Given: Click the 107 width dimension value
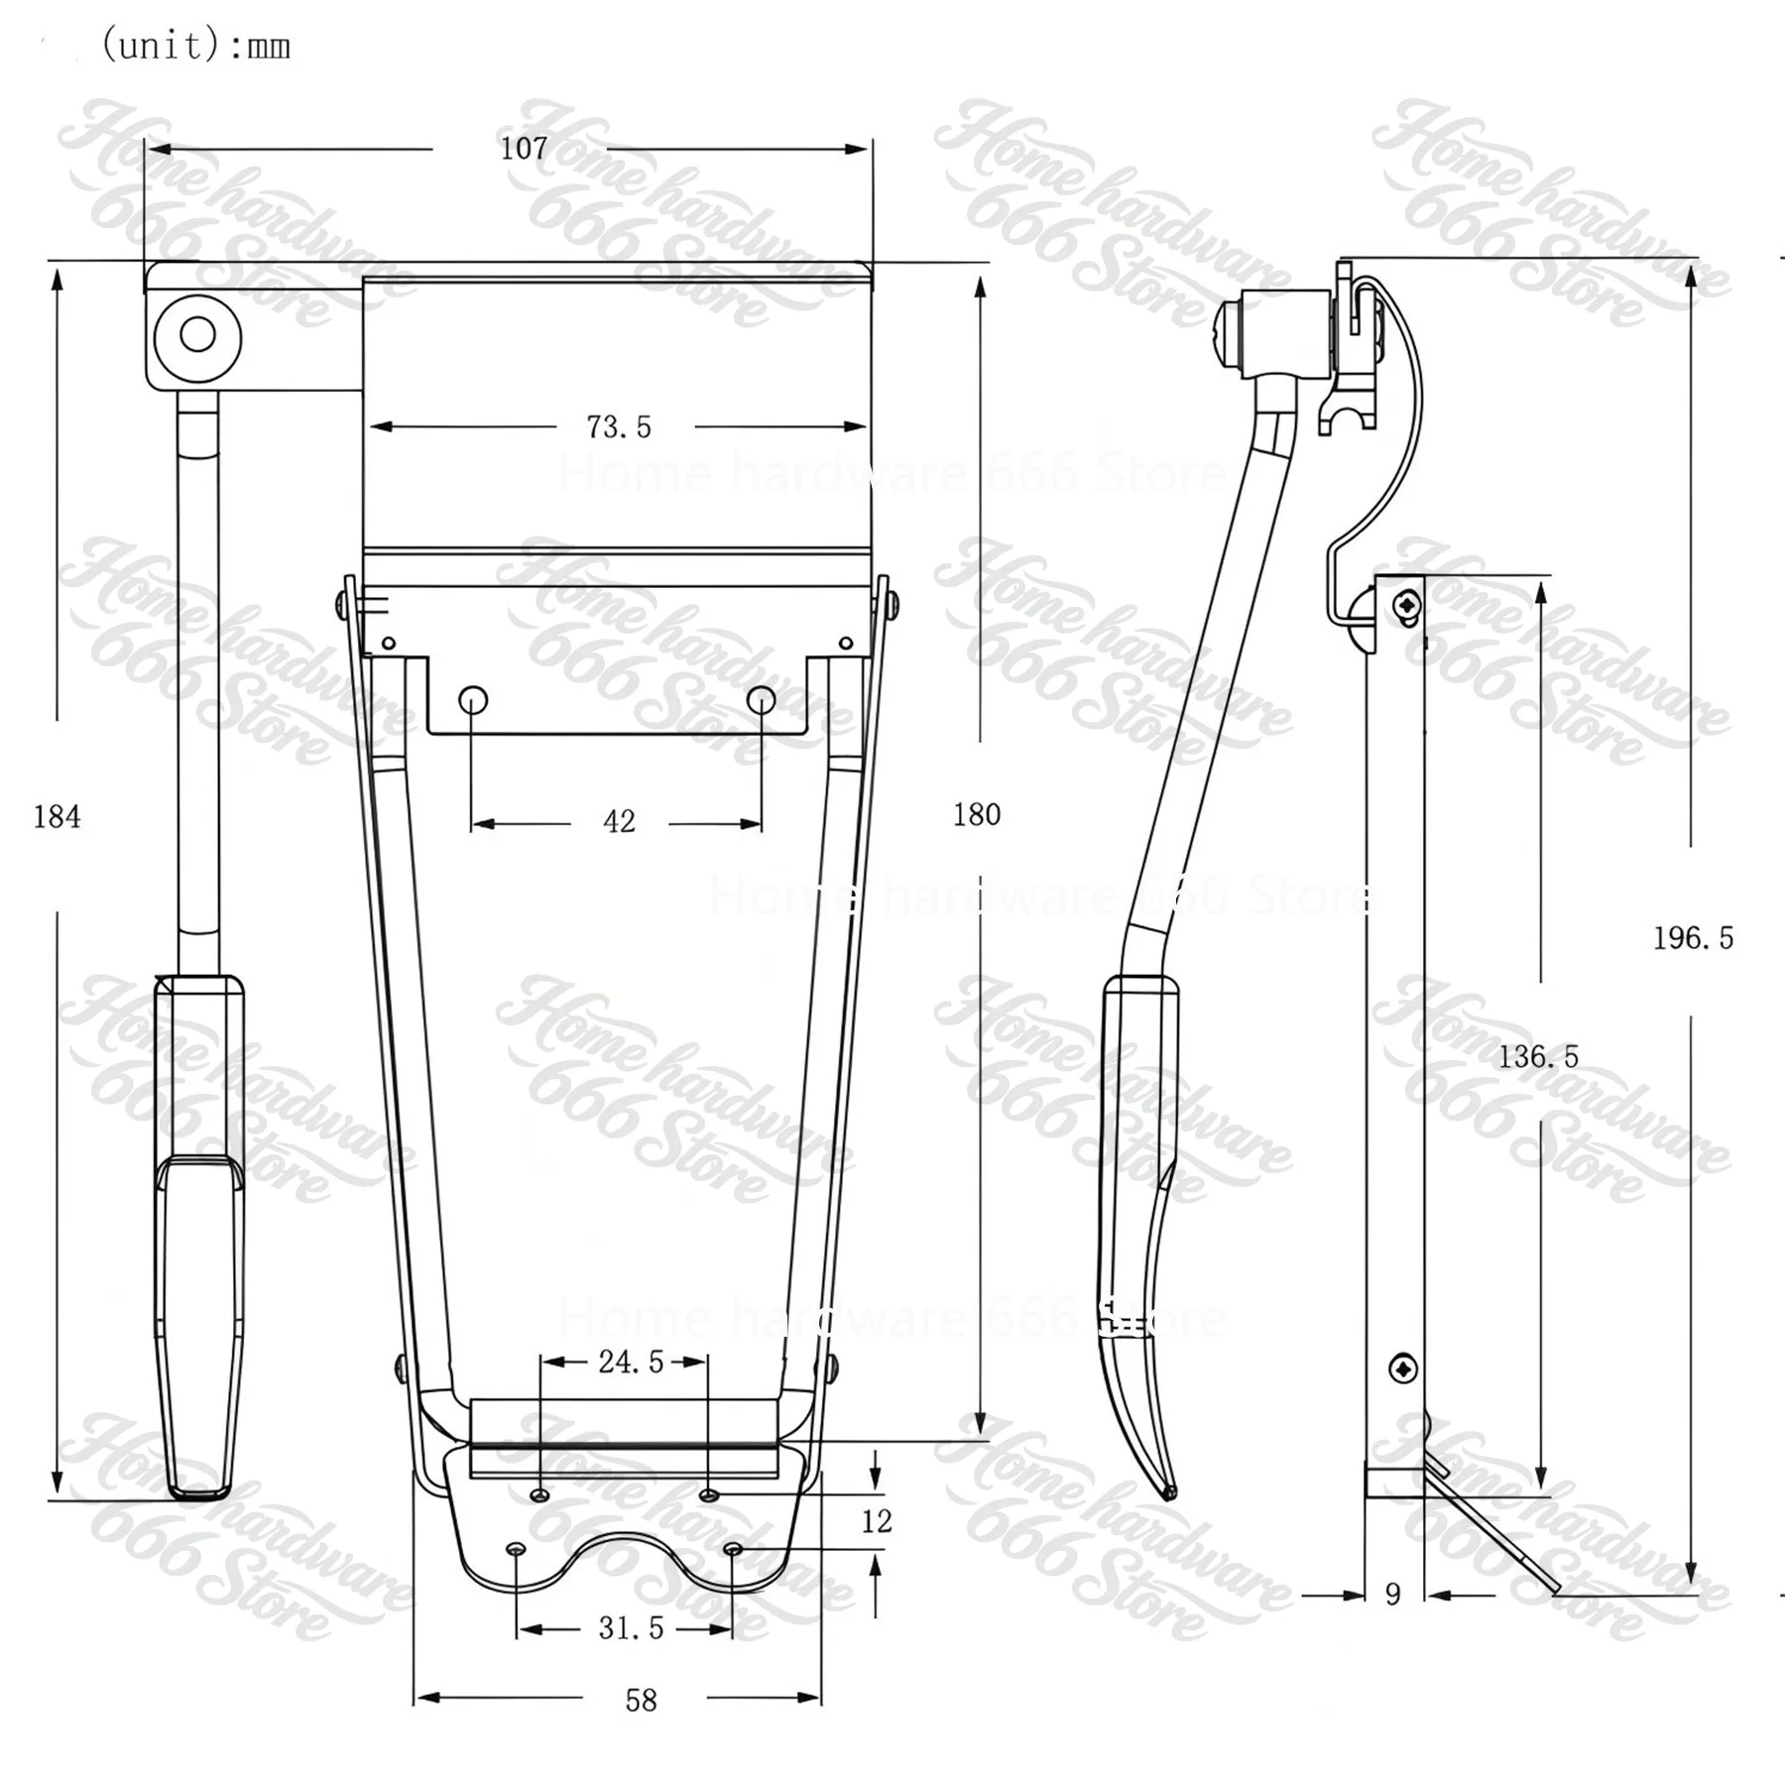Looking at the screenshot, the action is [524, 149].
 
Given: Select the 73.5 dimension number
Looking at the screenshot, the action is [619, 427].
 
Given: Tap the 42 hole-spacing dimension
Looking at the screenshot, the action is [619, 822].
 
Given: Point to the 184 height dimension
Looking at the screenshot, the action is [58, 817].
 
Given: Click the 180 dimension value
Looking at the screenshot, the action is [977, 815].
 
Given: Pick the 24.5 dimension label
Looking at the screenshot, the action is [631, 1362].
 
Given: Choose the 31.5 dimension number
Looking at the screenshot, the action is [631, 1628].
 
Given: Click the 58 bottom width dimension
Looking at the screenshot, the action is [642, 1701].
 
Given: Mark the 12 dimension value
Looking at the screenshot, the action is [877, 1521].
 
